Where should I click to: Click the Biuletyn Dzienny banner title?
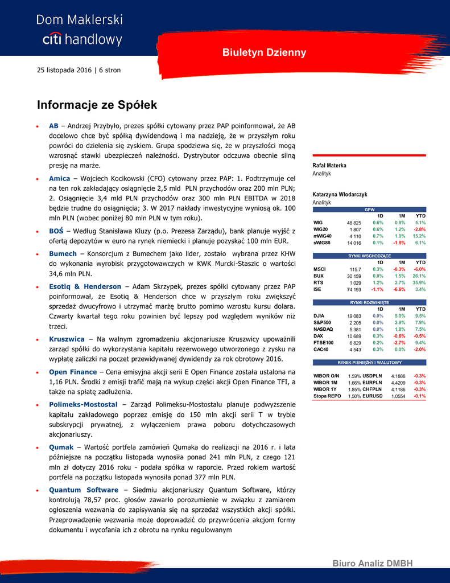click(264, 53)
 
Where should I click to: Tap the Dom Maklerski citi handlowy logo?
click(80, 30)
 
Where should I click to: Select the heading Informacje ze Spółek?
click(97, 105)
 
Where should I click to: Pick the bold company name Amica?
click(60, 178)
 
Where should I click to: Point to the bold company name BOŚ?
click(56, 231)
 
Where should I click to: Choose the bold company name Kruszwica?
click(67, 339)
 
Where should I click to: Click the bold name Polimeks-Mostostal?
click(83, 404)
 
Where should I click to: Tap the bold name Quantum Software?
click(84, 490)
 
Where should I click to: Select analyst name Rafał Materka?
click(329, 166)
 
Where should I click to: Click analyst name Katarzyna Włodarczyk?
click(340, 195)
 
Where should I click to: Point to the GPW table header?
click(369, 210)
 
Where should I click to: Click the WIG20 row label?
click(321, 229)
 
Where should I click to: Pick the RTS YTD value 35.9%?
click(419, 282)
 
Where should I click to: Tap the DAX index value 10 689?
click(354, 336)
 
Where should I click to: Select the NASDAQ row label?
click(323, 329)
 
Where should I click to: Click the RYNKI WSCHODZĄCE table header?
click(369, 256)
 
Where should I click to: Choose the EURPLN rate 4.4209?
click(398, 383)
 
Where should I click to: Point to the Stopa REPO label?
click(327, 396)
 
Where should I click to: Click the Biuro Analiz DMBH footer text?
click(372, 564)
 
